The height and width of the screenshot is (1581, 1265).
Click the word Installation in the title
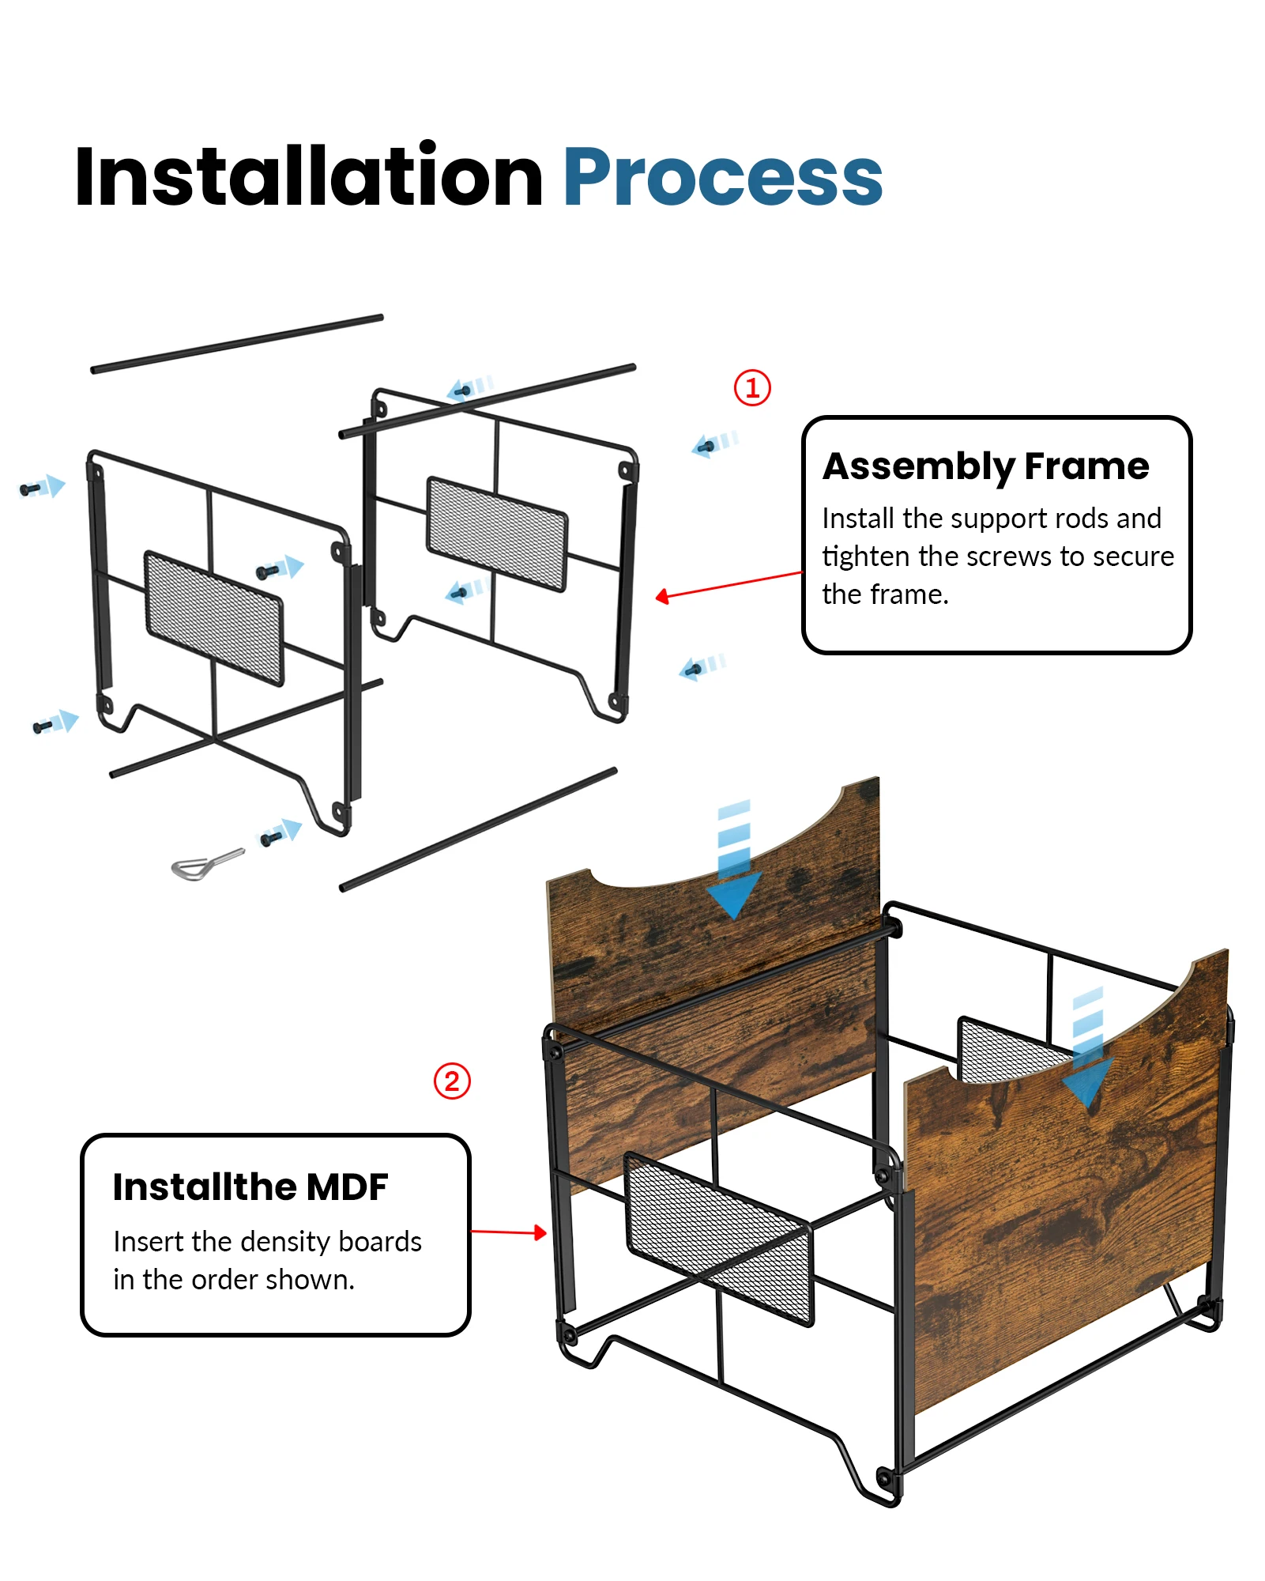coord(308,177)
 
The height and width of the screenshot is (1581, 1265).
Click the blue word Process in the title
coord(722,177)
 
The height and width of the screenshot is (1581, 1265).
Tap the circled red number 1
coord(751,388)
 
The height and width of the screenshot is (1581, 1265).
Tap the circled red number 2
coord(452,1081)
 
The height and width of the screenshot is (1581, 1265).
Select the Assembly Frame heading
coord(985,466)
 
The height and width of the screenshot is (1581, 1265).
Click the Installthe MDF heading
coord(250,1187)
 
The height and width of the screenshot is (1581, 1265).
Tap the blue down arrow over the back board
coord(733,862)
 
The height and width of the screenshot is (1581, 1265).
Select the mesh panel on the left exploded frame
coord(213,617)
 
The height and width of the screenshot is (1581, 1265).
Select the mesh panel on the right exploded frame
coord(496,534)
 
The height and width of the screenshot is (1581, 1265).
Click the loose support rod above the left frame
coord(237,344)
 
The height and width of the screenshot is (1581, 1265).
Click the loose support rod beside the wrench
coord(478,828)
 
